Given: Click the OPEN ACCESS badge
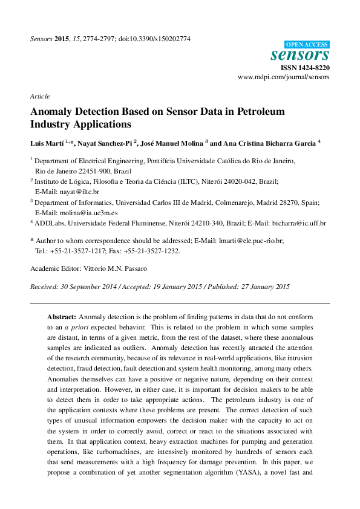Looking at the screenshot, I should click(307, 44).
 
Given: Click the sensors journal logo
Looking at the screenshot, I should click(307, 55).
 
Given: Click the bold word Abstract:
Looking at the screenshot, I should click(62, 317).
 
